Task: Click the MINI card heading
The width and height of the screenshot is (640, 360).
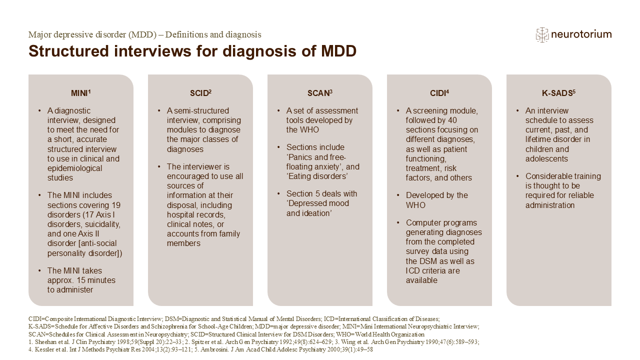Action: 80,93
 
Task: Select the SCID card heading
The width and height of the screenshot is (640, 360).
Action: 200,93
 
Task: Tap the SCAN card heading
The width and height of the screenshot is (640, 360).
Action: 319,93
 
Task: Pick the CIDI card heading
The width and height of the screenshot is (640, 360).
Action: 439,93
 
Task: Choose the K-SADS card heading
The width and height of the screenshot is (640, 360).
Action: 558,93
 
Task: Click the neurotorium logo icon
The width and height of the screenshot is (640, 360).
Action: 542,34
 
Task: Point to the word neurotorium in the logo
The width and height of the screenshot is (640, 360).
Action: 581,34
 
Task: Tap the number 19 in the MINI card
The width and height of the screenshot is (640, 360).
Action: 115,205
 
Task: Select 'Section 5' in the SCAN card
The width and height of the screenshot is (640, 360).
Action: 304,194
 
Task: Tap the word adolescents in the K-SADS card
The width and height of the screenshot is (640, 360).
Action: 547,159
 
